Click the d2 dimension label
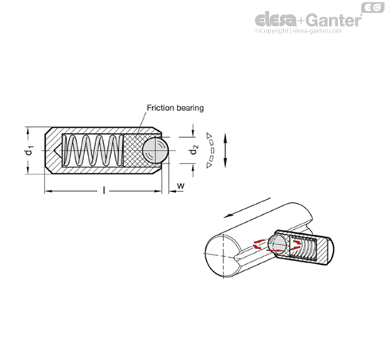point(193,150)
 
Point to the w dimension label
point(181,186)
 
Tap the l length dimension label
point(104,190)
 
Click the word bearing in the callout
point(190,108)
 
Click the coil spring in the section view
point(93,150)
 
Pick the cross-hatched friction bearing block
point(135,151)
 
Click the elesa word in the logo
point(276,19)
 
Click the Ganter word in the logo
point(335,20)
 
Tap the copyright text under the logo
point(298,31)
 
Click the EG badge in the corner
point(373,7)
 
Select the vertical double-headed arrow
point(225,151)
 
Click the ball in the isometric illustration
point(277,243)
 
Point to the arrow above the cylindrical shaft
point(247,208)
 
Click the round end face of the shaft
point(224,255)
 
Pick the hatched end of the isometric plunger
point(325,251)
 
